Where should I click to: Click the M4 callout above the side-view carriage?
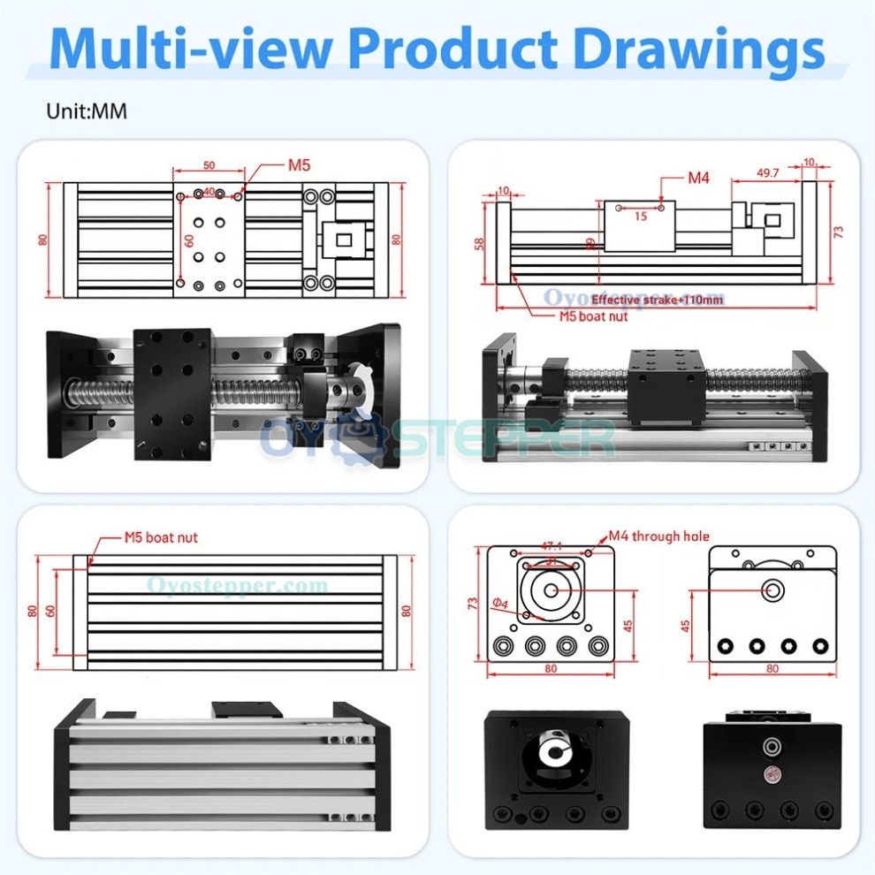[x=698, y=178]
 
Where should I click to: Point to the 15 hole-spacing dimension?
[x=641, y=216]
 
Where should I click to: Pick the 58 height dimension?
[x=480, y=242]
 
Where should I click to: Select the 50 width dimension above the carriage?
[x=209, y=165]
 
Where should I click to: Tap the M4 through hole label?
[x=658, y=536]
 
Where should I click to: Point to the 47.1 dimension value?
[x=552, y=547]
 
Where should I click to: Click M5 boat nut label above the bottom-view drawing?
[x=161, y=536]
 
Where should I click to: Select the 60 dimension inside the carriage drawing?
[x=187, y=240]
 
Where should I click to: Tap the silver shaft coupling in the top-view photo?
[x=339, y=388]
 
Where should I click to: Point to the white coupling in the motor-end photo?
[x=555, y=752]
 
